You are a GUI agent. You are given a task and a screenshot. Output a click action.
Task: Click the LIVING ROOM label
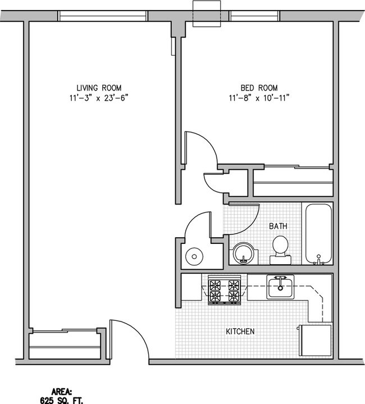pyautogui.click(x=99, y=88)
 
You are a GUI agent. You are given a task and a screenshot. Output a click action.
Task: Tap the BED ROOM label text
pyautogui.click(x=259, y=88)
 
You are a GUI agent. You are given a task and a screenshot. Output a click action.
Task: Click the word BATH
pyautogui.click(x=278, y=226)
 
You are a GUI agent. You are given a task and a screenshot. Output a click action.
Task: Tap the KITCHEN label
pyautogui.click(x=241, y=332)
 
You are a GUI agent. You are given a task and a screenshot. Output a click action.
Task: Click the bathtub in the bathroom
pyautogui.click(x=318, y=234)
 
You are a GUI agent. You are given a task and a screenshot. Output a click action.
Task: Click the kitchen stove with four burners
pyautogui.click(x=225, y=289)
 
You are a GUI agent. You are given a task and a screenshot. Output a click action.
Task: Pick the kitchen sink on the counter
pyautogui.click(x=280, y=287)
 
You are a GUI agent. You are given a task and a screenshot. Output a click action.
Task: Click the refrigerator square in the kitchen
pyautogui.click(x=315, y=340)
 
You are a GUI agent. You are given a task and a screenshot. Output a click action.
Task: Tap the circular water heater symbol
pyautogui.click(x=194, y=256)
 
